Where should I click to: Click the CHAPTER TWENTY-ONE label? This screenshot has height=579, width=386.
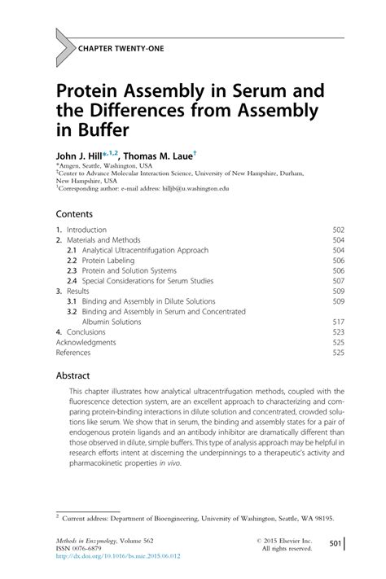tap(120, 49)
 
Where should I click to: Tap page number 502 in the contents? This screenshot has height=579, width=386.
tap(339, 230)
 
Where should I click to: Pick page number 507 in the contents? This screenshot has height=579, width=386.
tap(339, 281)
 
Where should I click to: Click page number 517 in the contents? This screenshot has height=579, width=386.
tap(339, 322)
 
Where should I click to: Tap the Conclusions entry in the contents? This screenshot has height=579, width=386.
tap(86, 332)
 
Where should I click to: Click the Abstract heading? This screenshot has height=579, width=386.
tap(74, 377)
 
